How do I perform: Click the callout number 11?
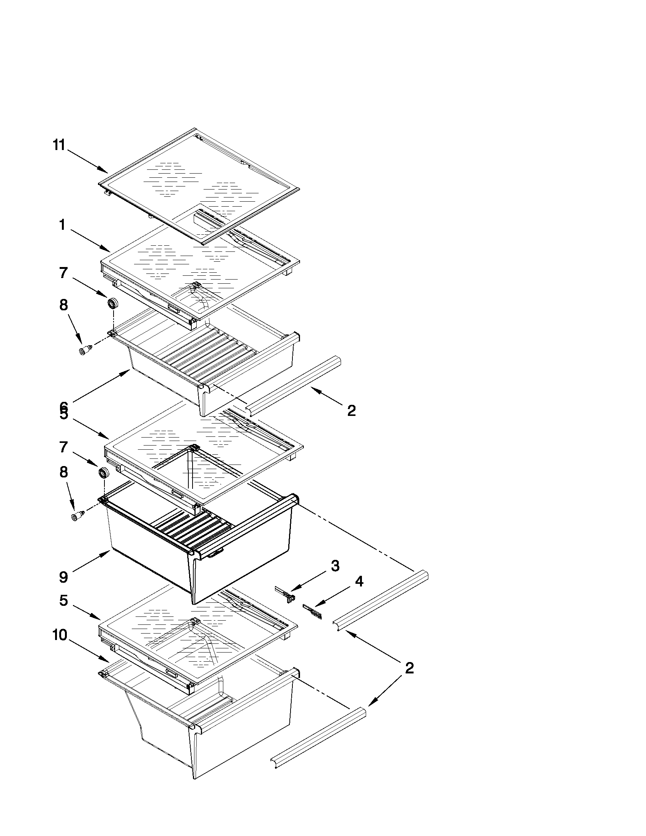coord(59,145)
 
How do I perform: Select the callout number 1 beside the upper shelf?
coord(62,225)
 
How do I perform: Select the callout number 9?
coord(63,577)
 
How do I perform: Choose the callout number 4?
coord(359,582)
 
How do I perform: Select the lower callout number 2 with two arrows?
coord(409,668)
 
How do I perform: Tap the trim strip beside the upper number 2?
coord(293,385)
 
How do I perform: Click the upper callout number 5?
coord(63,415)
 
